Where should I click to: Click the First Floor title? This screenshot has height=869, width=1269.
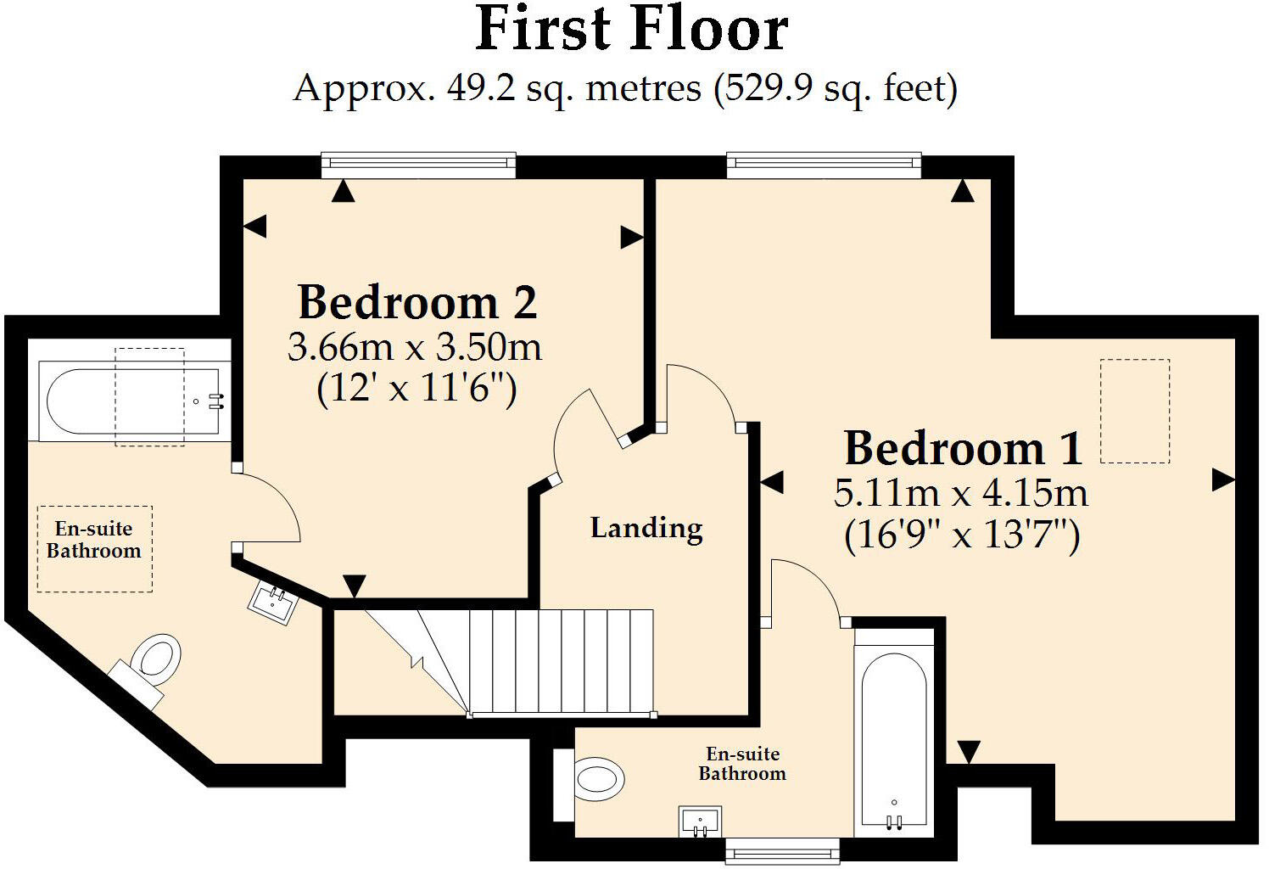pyautogui.click(x=632, y=31)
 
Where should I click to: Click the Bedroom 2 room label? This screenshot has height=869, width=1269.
pyautogui.click(x=417, y=302)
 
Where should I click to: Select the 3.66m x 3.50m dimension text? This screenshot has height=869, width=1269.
pyautogui.click(x=415, y=347)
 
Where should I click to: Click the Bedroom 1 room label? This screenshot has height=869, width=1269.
pyautogui.click(x=964, y=448)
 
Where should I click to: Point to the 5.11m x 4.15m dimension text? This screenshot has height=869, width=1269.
pyautogui.click(x=960, y=494)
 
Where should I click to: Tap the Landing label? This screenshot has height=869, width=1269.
pyautogui.click(x=646, y=528)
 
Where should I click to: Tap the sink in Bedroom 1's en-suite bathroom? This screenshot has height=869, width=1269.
pyautogui.click(x=701, y=821)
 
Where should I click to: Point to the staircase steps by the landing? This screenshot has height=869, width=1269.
pyautogui.click(x=560, y=662)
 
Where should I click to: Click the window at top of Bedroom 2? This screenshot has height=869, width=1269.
pyautogui.click(x=418, y=165)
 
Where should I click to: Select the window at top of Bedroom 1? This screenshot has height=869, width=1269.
pyautogui.click(x=823, y=165)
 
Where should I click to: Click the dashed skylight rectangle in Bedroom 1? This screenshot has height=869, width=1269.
pyautogui.click(x=1134, y=411)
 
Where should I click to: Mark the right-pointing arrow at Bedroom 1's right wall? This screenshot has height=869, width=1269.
pyautogui.click(x=1222, y=480)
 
